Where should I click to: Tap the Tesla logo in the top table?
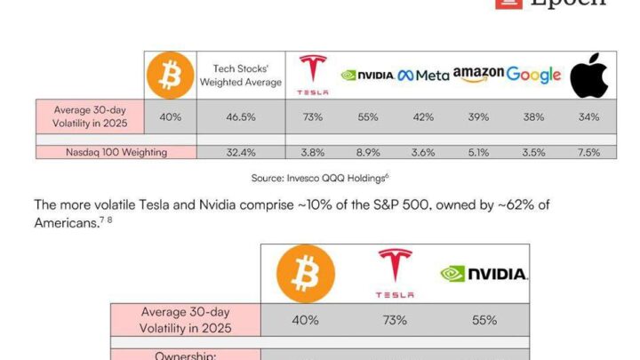(312, 75)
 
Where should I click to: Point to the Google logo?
(533, 75)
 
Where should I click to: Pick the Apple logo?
(588, 76)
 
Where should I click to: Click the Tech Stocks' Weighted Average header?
(240, 75)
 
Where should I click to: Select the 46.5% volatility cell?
(240, 116)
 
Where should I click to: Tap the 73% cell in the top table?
(312, 116)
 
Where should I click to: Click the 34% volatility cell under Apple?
(588, 116)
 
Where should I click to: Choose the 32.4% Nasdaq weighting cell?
(240, 152)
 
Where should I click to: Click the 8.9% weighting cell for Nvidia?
(368, 152)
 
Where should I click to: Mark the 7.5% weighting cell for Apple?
(588, 152)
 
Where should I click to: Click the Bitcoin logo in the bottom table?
(306, 273)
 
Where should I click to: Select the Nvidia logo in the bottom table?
(484, 274)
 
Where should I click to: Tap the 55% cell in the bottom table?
(484, 320)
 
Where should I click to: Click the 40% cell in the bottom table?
(306, 320)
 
